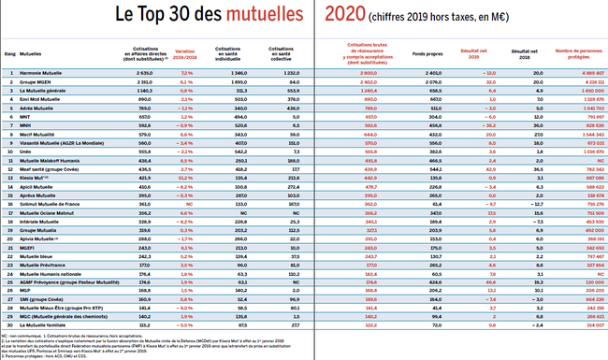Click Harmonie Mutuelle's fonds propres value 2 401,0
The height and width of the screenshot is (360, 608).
click(x=428, y=72)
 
